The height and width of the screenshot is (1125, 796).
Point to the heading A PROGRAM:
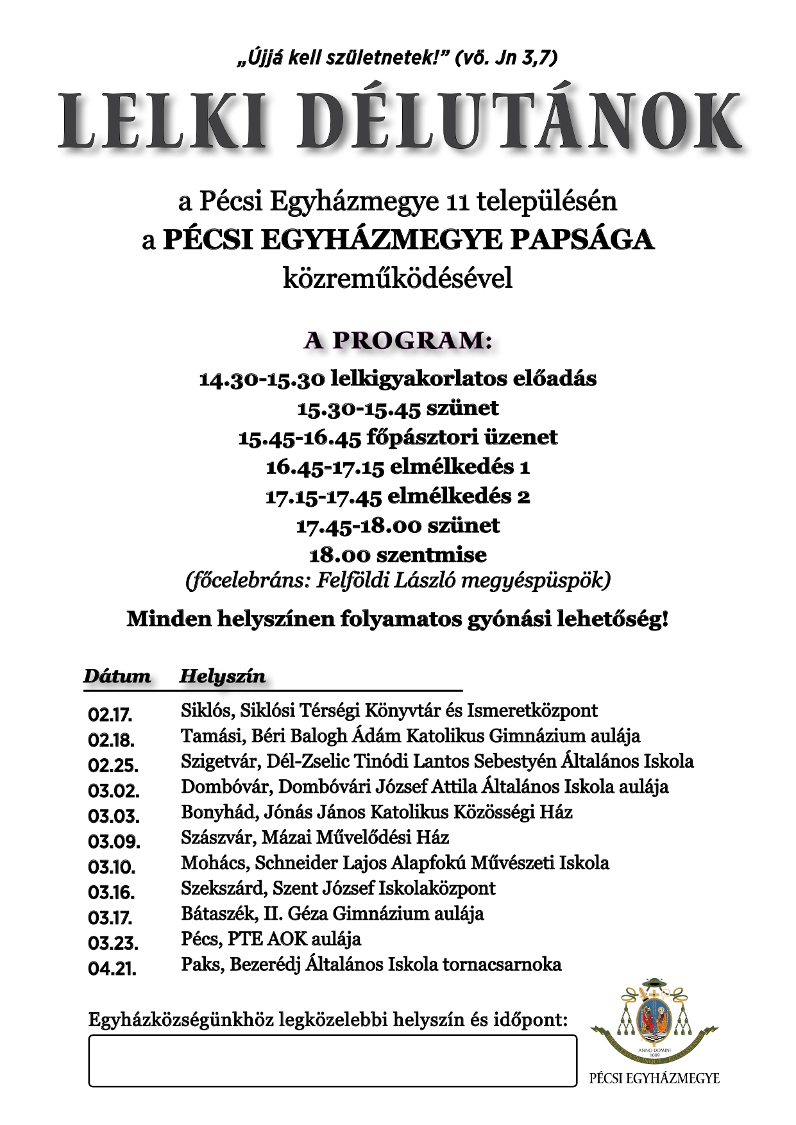pos(398,341)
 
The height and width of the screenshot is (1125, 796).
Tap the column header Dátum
pos(117,677)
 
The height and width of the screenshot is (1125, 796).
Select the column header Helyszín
pos(222,677)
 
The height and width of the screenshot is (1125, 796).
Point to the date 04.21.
pos(112,969)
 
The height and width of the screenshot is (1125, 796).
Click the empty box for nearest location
pos(332,1061)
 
